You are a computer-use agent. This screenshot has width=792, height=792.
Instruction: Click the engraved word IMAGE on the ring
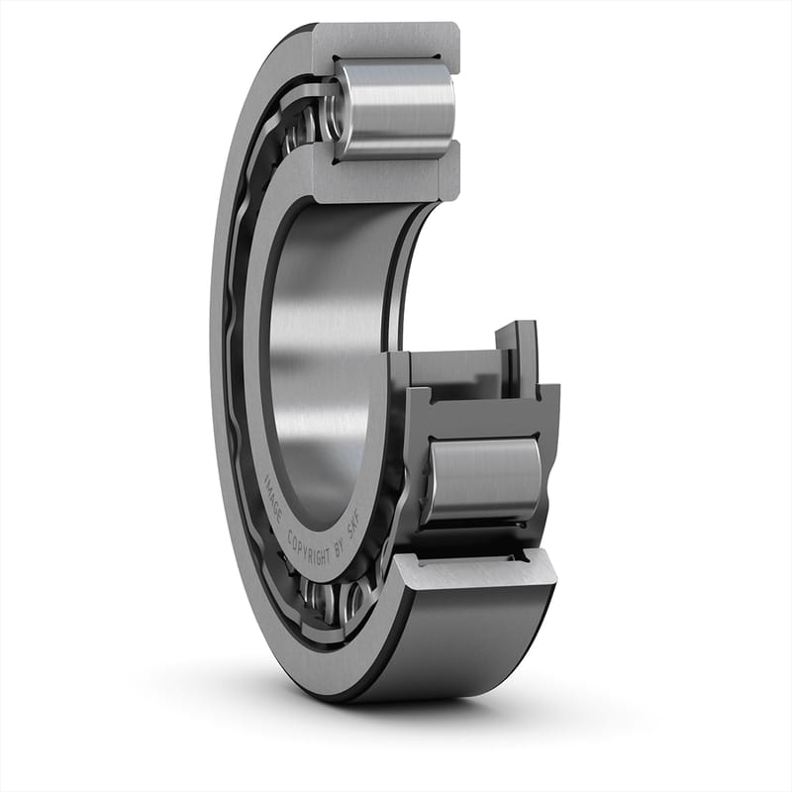coord(274,489)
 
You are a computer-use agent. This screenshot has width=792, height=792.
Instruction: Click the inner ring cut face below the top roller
coord(386,178)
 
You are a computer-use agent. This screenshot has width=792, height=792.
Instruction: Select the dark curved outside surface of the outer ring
coord(465,643)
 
